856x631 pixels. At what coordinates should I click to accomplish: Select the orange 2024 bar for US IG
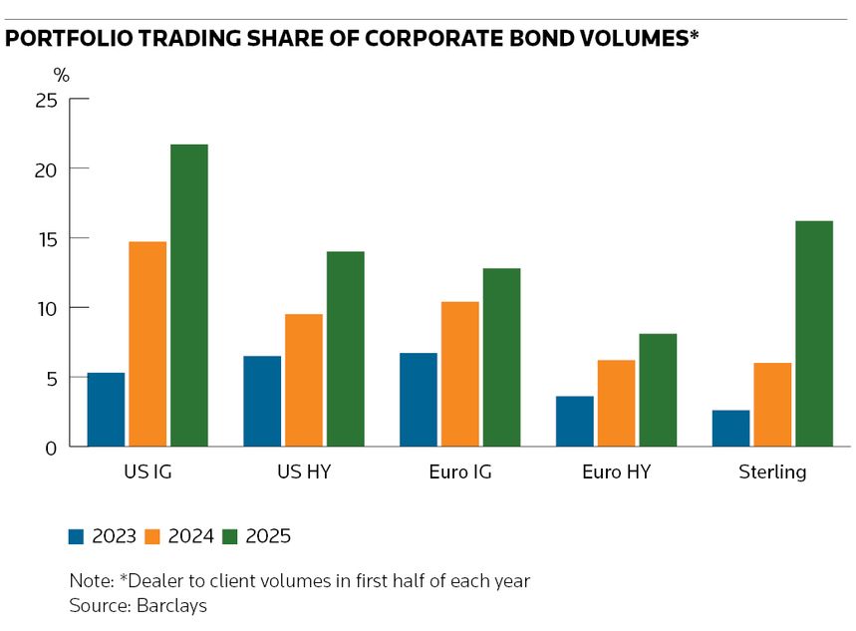click(147, 344)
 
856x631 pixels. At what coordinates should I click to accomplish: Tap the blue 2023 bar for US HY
click(262, 401)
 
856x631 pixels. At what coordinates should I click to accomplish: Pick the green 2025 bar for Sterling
click(814, 333)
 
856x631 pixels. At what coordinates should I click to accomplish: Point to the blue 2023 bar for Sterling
click(730, 428)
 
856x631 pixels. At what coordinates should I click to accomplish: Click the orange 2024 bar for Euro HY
click(616, 403)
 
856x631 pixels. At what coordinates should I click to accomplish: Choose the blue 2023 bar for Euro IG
click(419, 399)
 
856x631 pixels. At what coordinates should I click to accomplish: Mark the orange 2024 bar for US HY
click(304, 380)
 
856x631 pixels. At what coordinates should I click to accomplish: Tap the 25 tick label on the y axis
click(47, 100)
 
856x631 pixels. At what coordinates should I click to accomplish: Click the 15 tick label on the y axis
click(47, 238)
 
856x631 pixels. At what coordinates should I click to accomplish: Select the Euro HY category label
click(616, 473)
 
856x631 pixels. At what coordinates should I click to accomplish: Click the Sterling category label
click(772, 473)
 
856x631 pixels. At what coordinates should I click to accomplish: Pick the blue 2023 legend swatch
click(77, 536)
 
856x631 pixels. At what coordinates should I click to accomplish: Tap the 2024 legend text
click(190, 536)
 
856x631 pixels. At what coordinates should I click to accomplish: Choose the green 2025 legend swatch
click(231, 536)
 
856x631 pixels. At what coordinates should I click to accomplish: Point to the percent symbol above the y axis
click(62, 75)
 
